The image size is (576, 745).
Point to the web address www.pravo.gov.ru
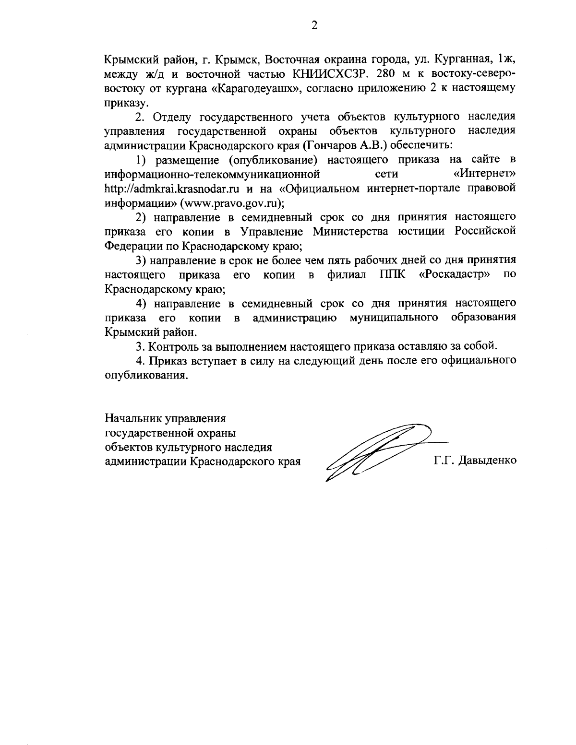230,202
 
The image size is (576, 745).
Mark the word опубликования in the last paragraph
144,375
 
